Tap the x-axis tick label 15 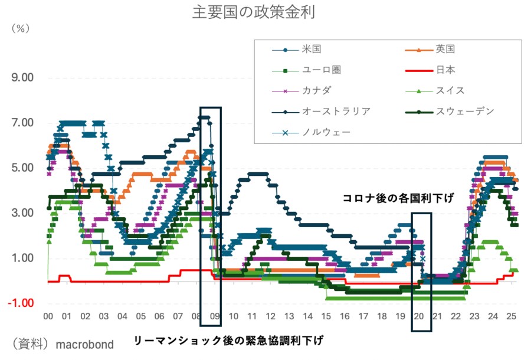point(326,316)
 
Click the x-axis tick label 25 point(512,316)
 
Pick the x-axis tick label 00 point(48,316)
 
